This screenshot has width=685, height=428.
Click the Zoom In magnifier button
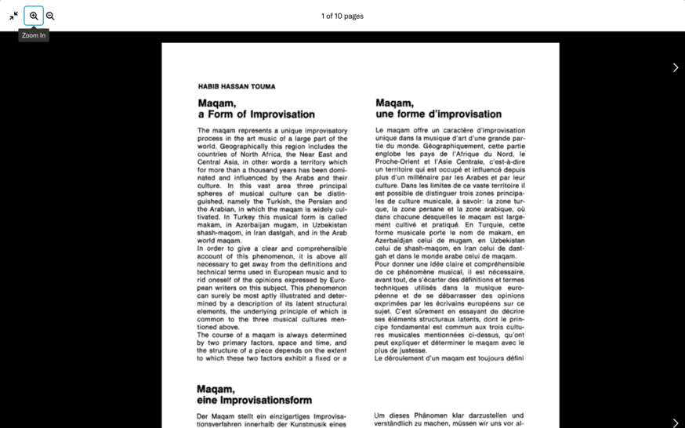(34, 16)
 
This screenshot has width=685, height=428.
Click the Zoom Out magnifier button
(50, 16)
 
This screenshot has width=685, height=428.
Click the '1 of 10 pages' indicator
(342, 16)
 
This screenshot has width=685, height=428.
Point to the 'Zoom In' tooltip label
(34, 35)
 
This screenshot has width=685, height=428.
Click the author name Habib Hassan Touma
(237, 87)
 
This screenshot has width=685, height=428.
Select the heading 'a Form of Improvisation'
(256, 114)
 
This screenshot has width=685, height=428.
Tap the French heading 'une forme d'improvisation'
(438, 114)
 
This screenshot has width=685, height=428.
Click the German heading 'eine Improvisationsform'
(254, 401)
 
